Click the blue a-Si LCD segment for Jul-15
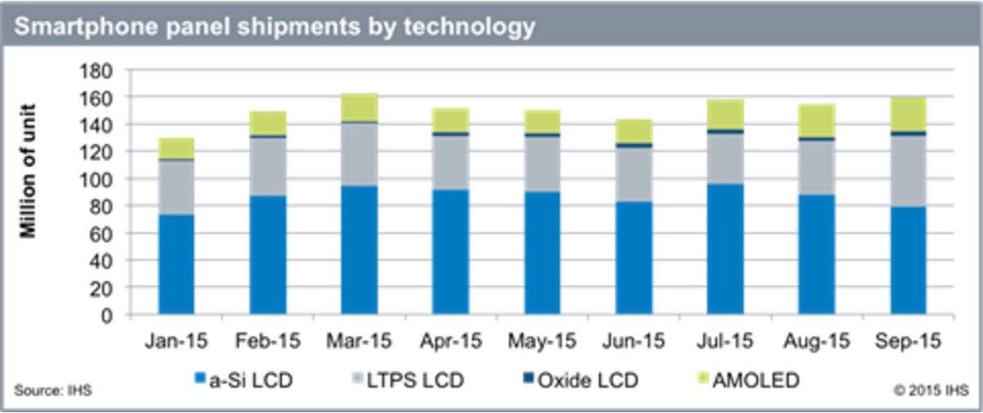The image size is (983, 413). point(725,249)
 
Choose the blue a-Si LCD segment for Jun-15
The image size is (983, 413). point(633,258)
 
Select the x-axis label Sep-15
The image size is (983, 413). point(908,339)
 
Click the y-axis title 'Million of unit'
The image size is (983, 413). point(29,170)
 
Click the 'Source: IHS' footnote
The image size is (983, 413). point(53,390)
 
